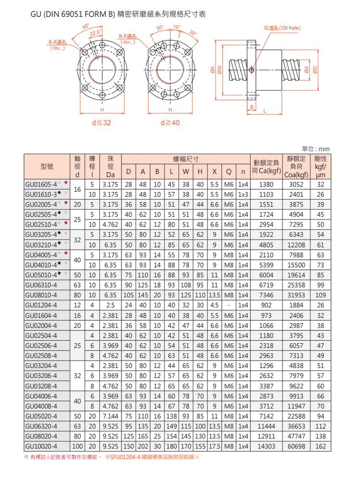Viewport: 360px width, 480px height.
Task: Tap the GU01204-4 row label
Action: [x=41, y=304]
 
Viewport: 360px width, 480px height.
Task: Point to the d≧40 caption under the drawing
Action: [x=170, y=123]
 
